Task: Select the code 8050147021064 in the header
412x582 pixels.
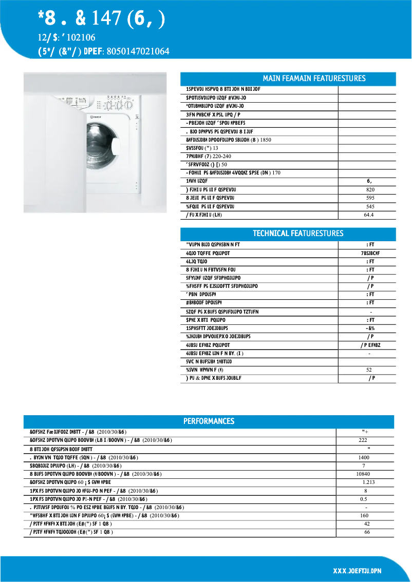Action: pos(138,51)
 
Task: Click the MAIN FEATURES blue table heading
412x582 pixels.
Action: pos(314,79)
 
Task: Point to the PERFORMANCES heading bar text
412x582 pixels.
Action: pos(209,421)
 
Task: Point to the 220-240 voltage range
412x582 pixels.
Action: pos(222,156)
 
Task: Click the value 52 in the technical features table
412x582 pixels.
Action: pos(369,370)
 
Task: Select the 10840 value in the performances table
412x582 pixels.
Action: pos(363,474)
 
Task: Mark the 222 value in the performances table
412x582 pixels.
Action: pos(363,440)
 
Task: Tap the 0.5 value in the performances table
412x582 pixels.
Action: pos(363,499)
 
